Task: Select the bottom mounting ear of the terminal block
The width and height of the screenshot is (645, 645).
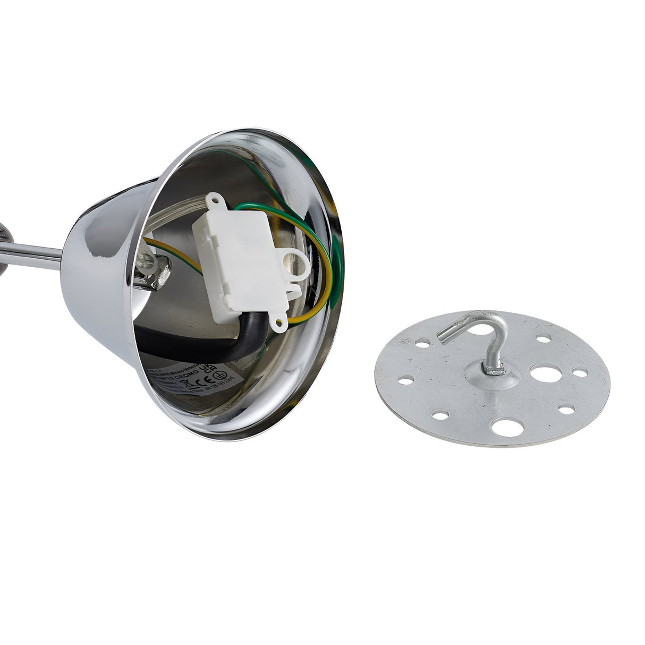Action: click(x=278, y=321)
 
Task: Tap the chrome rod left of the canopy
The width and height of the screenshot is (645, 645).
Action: click(x=32, y=254)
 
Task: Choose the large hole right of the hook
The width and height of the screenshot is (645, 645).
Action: click(x=543, y=373)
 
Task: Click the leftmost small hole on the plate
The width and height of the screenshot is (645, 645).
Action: click(x=405, y=380)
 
